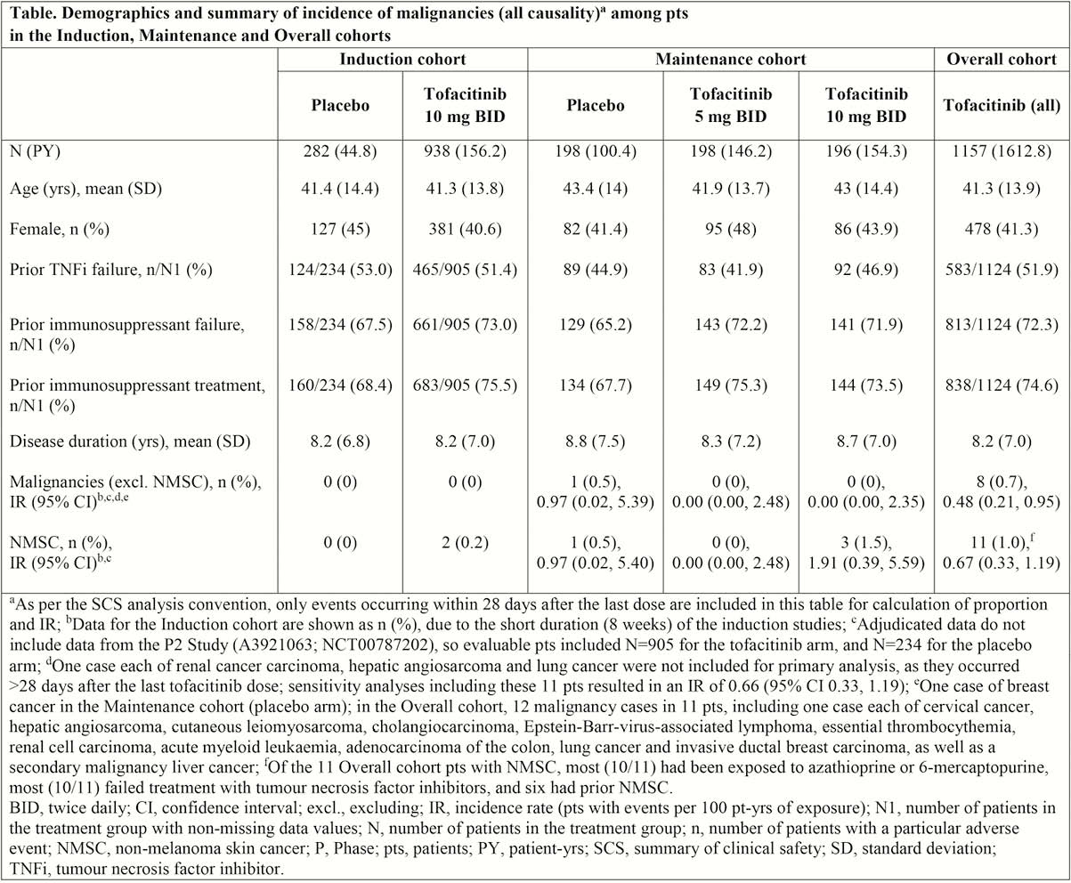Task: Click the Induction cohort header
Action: (402, 60)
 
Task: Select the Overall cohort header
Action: (1002, 60)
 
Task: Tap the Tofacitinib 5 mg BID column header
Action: (730, 105)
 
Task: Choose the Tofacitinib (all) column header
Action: (1002, 106)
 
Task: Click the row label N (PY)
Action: (35, 152)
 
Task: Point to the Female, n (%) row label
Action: (60, 230)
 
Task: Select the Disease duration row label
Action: (130, 441)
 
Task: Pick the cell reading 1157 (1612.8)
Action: (1002, 152)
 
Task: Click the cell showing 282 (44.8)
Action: (340, 152)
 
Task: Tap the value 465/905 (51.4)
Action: (466, 270)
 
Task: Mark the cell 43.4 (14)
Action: (595, 190)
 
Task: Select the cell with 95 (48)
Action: (730, 230)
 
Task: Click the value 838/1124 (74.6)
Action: (1002, 385)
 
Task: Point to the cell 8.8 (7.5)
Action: (595, 441)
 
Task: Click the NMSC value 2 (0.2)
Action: (466, 543)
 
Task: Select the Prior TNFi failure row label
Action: (110, 270)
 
